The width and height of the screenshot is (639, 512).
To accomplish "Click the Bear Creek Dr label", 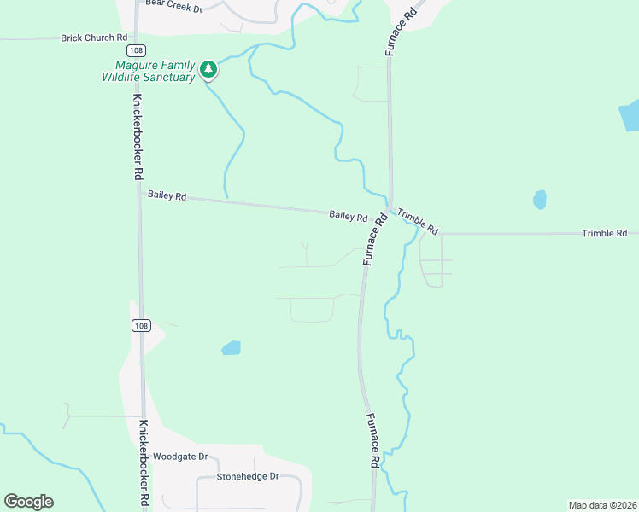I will click(173, 9).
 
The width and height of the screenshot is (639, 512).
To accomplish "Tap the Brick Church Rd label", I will click(94, 38).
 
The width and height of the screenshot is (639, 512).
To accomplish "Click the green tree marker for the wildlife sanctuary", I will click(208, 69).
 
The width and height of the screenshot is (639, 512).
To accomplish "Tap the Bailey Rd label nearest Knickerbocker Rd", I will click(167, 195).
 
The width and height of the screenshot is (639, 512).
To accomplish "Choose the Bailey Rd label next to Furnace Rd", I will click(349, 217).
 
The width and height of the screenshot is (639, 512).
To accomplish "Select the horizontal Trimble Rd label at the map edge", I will click(604, 233).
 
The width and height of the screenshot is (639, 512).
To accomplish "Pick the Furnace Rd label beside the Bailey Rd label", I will click(375, 239).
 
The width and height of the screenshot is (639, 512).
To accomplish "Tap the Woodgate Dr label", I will click(180, 457).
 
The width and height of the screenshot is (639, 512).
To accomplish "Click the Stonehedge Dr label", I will click(248, 476).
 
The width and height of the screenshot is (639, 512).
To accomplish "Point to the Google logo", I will click(28, 502).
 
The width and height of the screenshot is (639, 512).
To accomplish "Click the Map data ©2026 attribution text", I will click(602, 504).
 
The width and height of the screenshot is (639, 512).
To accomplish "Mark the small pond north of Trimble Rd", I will click(540, 200).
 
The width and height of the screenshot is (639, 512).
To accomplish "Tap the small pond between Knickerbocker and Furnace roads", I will click(231, 347).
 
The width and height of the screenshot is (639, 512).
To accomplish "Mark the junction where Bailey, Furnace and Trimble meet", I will click(390, 209).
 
